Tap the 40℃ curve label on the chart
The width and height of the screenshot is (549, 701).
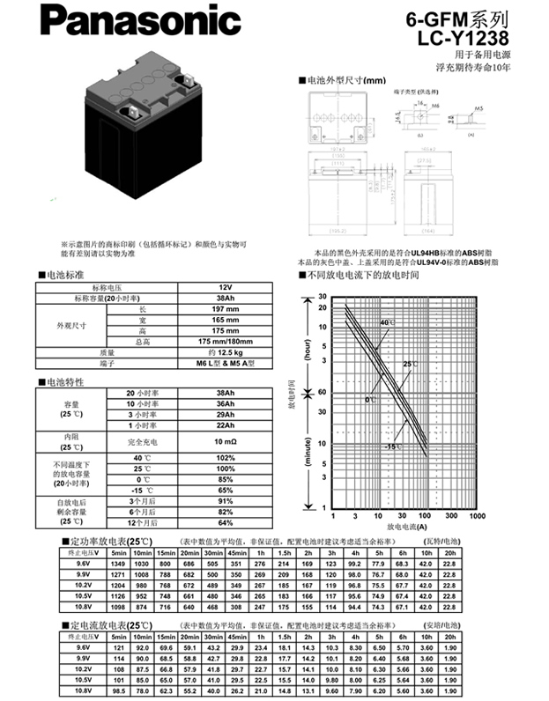coord(386,324)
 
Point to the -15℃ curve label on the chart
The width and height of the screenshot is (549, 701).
coord(391,447)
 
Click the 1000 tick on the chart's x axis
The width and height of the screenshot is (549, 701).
coord(477,516)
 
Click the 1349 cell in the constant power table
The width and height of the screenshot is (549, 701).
coord(119,563)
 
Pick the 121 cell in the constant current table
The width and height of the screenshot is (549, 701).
coord(119,647)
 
